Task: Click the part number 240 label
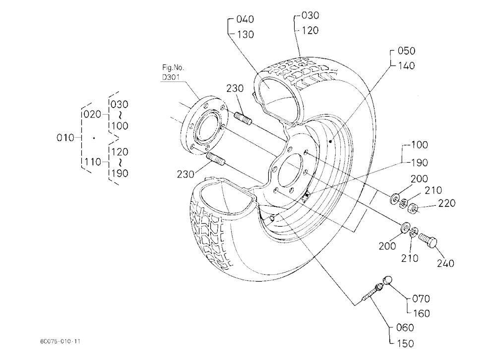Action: coord(445,263)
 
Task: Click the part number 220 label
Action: coord(447,203)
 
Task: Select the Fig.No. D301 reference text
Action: coord(173,72)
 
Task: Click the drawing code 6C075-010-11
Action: coord(60,341)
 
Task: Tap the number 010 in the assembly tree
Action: coord(65,138)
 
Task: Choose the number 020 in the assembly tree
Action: coord(92,114)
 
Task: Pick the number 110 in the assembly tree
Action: coord(93,162)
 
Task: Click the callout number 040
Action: coord(245,19)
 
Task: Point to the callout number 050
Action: coord(407,51)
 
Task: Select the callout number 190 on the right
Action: coord(420,163)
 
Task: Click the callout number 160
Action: coord(422,313)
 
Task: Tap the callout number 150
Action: coord(405,343)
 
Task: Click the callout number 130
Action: coord(246,35)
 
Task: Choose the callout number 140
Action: coord(407,65)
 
